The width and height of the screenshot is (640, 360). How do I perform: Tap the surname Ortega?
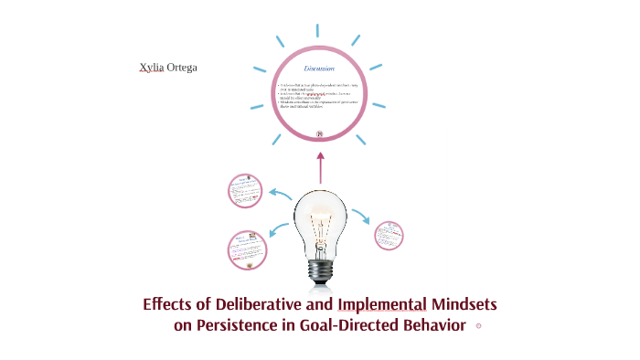point(181,69)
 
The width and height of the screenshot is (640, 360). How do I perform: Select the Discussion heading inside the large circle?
point(319,69)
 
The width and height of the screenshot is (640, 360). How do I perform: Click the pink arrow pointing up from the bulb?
point(320,170)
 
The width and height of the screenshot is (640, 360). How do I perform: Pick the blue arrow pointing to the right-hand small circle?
point(361,217)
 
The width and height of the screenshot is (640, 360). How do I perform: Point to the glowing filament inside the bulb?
point(320,225)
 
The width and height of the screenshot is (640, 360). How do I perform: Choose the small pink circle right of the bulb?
point(389,235)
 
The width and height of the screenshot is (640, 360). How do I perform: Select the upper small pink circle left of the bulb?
point(245,190)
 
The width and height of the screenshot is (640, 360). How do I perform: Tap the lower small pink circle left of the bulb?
point(246,249)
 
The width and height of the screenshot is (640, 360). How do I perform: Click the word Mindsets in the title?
point(464,304)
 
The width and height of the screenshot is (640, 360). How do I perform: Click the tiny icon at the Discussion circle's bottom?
point(320,134)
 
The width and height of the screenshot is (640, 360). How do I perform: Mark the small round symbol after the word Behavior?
point(478,326)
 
